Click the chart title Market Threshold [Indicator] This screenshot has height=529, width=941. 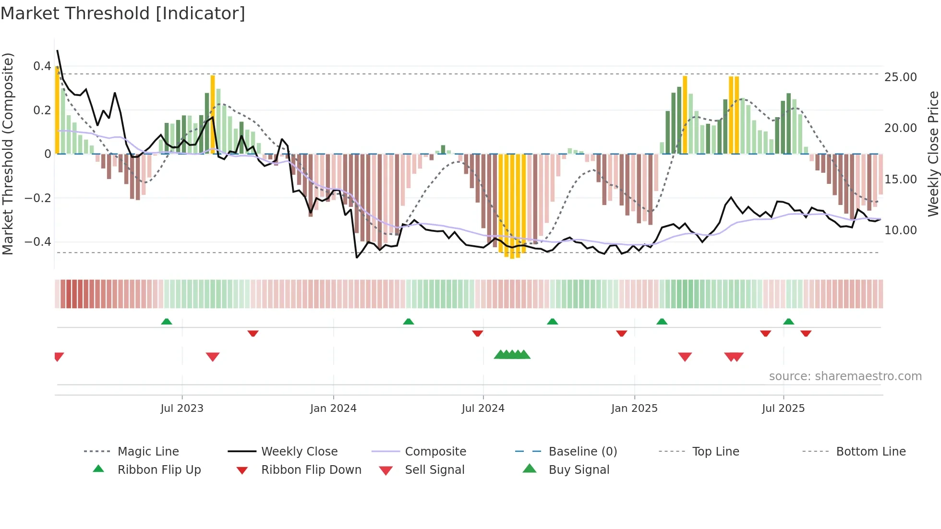pyautogui.click(x=123, y=13)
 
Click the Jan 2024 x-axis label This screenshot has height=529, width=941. pyautogui.click(x=333, y=409)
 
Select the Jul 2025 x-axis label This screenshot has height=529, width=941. pyautogui.click(x=783, y=409)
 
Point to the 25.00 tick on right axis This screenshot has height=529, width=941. pyautogui.click(x=900, y=77)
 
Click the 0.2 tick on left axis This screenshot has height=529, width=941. pyautogui.click(x=42, y=110)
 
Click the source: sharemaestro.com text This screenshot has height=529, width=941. pyautogui.click(x=845, y=376)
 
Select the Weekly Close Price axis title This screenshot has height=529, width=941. pyautogui.click(x=933, y=154)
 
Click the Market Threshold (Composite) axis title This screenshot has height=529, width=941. pyautogui.click(x=8, y=154)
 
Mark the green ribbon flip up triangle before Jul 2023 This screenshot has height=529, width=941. pyautogui.click(x=167, y=322)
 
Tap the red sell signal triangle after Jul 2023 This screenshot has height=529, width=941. pyautogui.click(x=213, y=356)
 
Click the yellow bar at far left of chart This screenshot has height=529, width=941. pyautogui.click(x=57, y=110)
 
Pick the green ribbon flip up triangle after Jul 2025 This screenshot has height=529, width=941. pyautogui.click(x=788, y=322)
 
